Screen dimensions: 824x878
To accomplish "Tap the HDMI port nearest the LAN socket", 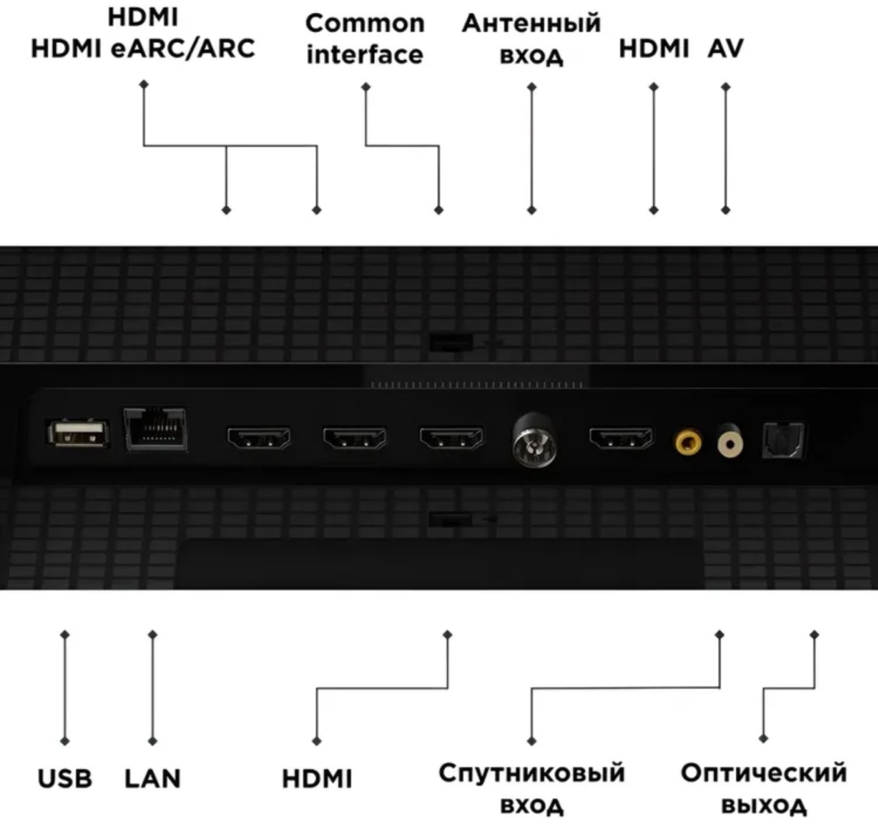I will pos(259,439).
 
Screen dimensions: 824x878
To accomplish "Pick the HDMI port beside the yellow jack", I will pos(621,439).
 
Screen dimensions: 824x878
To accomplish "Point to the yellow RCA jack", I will pos(689,441).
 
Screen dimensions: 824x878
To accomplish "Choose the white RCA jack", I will pos(730,442).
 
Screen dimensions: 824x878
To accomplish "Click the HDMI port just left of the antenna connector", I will pos(451,439).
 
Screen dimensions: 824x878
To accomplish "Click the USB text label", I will pos(65,779).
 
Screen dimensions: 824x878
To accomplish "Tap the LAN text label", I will pos(153,779).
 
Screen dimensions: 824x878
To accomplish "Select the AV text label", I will pos(725,49).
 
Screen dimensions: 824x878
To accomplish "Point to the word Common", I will pos(365,24).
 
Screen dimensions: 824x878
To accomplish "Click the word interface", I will pos(365,55).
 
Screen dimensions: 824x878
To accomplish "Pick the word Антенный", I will pos(531,24).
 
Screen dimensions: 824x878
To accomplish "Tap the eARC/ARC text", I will pos(182,49).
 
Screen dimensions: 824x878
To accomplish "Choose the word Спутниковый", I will pos(532,773).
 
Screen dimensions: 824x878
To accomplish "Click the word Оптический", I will pos(764,773).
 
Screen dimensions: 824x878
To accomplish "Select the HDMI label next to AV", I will pos(653,49).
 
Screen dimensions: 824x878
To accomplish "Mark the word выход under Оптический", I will pos(764,804).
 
